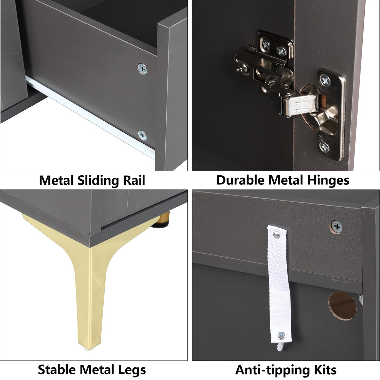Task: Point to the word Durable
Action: (x=241, y=180)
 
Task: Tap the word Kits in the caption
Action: (x=325, y=370)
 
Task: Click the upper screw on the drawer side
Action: (x=142, y=69)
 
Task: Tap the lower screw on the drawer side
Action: (x=142, y=135)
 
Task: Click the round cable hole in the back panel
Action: (x=343, y=306)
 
